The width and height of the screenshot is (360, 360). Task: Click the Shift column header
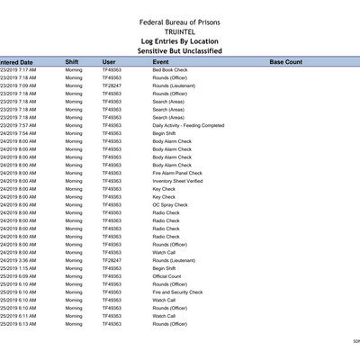[72, 62]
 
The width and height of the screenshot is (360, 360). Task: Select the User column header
[109, 62]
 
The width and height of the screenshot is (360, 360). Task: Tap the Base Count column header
[286, 62]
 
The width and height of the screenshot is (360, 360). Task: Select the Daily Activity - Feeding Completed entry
[188, 125]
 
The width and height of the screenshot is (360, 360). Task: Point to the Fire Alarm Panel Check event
[177, 173]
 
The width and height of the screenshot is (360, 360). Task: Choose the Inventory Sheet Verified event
[177, 181]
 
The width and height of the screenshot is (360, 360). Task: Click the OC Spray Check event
[170, 205]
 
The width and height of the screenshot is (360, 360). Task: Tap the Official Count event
[166, 276]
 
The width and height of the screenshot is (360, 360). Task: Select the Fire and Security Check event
[177, 292]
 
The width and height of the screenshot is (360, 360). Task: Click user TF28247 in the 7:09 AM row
[112, 85]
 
